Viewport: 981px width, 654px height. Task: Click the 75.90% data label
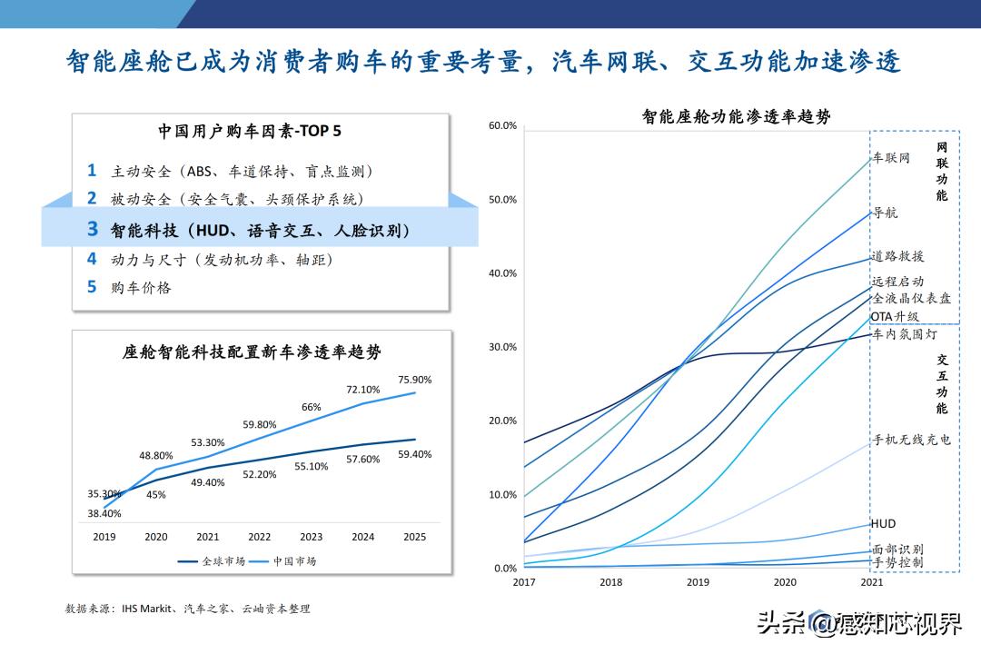pos(415,380)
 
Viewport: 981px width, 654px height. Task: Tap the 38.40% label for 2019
pos(104,513)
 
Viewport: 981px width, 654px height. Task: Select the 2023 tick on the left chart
pos(312,537)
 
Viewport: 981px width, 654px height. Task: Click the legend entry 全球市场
pos(213,561)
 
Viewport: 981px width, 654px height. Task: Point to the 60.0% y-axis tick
pos(502,125)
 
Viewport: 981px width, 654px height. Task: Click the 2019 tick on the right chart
pos(698,582)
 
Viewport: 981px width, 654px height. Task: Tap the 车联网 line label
pos(891,158)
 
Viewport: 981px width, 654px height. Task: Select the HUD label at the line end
pos(883,523)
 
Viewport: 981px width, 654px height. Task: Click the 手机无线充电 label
pos(911,440)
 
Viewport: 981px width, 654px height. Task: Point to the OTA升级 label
pos(895,316)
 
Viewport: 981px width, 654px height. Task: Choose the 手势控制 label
pos(897,562)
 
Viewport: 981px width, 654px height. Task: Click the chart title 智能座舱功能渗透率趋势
pos(736,116)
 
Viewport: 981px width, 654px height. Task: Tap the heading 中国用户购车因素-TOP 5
pos(250,131)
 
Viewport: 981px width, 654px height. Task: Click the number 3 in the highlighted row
pos(92,230)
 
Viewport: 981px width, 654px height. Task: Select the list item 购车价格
pos(141,287)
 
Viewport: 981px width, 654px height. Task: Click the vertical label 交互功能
pos(942,382)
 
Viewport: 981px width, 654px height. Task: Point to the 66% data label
pos(312,407)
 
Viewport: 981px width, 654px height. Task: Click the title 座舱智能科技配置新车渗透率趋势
pos(252,352)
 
